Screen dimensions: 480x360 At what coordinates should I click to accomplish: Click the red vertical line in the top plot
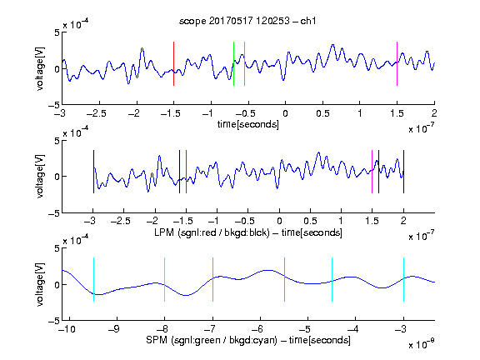[x=173, y=63]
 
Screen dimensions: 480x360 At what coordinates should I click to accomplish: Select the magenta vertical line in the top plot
[x=397, y=63]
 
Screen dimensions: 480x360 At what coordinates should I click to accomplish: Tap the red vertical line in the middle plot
[x=186, y=172]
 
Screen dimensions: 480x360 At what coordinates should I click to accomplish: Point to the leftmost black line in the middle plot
[x=93, y=172]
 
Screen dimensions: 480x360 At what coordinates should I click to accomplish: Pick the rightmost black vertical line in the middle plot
[x=403, y=172]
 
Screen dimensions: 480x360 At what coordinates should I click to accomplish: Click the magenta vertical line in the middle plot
[x=372, y=172]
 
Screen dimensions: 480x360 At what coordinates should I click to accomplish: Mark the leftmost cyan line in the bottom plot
[x=93, y=280]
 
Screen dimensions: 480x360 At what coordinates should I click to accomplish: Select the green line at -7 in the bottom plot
[x=212, y=280]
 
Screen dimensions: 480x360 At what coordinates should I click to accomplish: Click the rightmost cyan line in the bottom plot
[x=403, y=280]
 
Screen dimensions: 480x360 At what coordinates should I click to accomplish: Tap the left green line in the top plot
[x=233, y=63]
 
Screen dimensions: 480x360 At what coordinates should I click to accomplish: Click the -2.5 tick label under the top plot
[x=97, y=113]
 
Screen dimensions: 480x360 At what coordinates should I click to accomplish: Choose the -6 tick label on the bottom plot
[x=257, y=329]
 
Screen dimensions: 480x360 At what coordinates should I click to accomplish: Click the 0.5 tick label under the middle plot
[x=310, y=221]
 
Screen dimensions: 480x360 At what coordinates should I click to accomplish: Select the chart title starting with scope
[x=247, y=21]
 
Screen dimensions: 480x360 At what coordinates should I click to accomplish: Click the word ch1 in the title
[x=308, y=21]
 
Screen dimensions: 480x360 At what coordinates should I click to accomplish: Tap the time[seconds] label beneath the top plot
[x=248, y=124]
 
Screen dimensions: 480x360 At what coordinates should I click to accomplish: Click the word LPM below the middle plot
[x=164, y=232]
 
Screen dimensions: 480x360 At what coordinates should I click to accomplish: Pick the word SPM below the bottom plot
[x=157, y=340]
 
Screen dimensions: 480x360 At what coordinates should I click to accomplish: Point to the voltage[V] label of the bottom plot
[x=40, y=284]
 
